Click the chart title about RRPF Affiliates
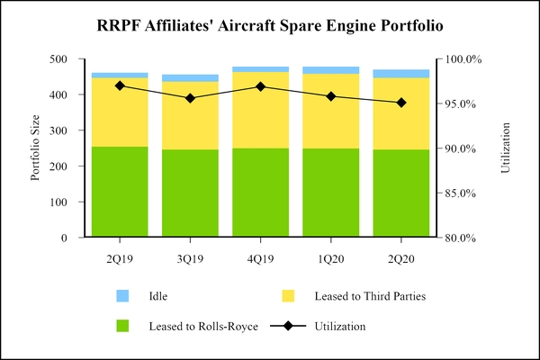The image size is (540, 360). point(270,26)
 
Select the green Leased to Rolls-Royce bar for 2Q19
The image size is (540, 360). point(120,192)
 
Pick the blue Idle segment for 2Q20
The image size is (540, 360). point(401,74)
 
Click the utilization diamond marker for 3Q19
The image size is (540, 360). point(190,98)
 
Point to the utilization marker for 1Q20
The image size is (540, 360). point(331,96)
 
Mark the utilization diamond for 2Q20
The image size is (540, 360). point(401,103)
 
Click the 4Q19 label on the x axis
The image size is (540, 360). point(260,259)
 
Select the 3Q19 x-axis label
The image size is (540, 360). point(190,259)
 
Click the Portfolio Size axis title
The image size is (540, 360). point(35,148)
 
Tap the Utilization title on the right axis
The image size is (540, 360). point(505,148)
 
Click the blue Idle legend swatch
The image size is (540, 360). point(123,295)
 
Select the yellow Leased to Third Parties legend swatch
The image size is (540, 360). point(288,295)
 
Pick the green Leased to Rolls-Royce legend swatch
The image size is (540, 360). point(123,326)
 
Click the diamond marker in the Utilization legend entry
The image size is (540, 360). point(288,326)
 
